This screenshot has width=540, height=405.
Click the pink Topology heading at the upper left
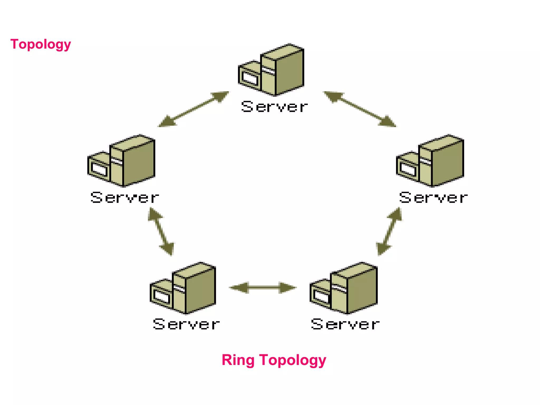(x=41, y=44)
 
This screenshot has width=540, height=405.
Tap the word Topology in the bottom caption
(x=293, y=360)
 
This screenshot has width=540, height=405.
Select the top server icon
(x=272, y=70)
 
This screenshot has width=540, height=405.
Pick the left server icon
(x=122, y=161)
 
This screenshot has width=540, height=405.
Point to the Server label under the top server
(x=274, y=107)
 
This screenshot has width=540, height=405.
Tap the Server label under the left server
(x=124, y=198)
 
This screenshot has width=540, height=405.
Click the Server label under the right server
(x=433, y=198)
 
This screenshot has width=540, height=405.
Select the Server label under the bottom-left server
(x=186, y=324)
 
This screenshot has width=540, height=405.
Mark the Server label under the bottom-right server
(x=345, y=324)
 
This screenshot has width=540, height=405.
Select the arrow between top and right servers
(x=360, y=109)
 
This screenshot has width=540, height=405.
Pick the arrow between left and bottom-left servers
(x=161, y=232)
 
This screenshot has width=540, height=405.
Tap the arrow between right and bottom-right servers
(x=389, y=232)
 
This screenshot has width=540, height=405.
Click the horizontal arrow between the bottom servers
(x=263, y=287)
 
